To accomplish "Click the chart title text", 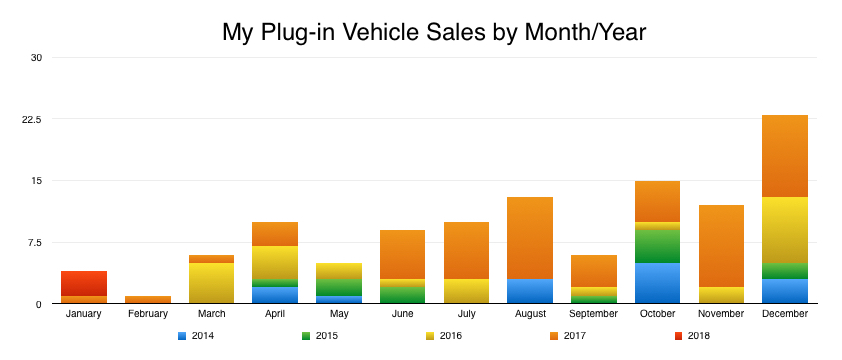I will point(434,33).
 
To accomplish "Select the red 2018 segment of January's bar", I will point(84,283).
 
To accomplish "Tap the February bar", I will point(148,299).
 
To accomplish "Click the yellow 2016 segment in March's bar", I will point(211,283).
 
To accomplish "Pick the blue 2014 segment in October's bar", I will point(657,283).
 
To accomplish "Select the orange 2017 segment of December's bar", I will point(785,156).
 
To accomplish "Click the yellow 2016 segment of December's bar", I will point(785,230).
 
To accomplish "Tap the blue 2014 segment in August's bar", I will point(530,291).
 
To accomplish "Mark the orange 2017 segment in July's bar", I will point(466,250).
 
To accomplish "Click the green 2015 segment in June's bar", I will point(402,295).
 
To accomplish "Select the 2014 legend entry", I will point(196,336).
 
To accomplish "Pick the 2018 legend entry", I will point(691,336).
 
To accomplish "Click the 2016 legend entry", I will point(444,336).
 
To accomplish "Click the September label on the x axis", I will point(593,314).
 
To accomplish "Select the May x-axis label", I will point(339,314).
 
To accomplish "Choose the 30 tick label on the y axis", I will point(36,57).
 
